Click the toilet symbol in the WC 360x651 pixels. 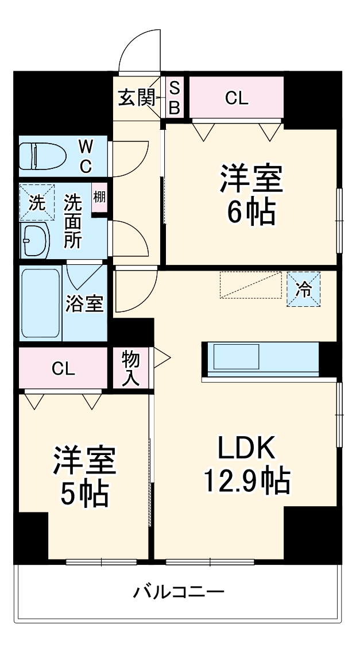[38, 155]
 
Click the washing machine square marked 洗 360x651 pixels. [36, 203]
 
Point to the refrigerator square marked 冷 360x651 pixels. [304, 290]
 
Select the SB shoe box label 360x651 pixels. [175, 98]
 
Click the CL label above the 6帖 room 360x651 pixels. [236, 98]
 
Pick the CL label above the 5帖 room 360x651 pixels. [63, 369]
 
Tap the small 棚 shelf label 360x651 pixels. [99, 198]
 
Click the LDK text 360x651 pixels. [246, 448]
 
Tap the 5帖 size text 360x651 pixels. [84, 492]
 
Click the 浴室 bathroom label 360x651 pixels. [84, 303]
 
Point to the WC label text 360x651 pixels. [86, 155]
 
